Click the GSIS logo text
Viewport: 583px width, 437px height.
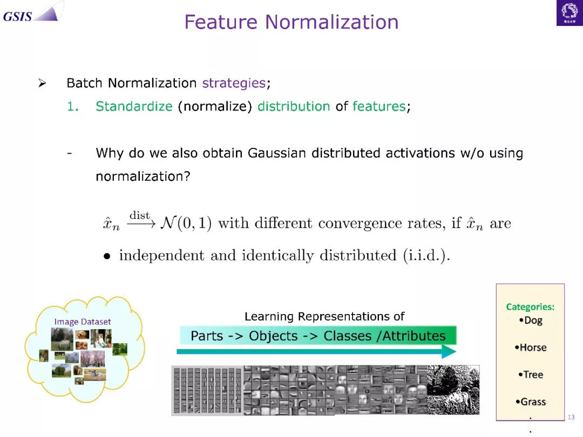pyautogui.click(x=17, y=17)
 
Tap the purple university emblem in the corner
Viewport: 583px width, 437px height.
pyautogui.click(x=570, y=13)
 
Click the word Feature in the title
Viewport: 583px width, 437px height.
pyautogui.click(x=221, y=22)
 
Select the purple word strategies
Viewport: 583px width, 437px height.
pyautogui.click(x=234, y=83)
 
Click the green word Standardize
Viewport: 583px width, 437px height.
pyautogui.click(x=134, y=106)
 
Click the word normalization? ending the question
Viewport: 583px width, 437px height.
pyautogui.click(x=143, y=176)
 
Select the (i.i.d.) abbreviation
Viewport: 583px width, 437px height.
pyautogui.click(x=426, y=256)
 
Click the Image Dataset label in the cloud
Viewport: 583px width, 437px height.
pyautogui.click(x=83, y=322)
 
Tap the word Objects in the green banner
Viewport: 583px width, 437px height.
pyautogui.click(x=273, y=336)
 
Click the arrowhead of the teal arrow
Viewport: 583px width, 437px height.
pyautogui.click(x=449, y=352)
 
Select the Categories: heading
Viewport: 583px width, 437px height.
pyautogui.click(x=530, y=307)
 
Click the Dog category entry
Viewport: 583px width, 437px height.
pyautogui.click(x=531, y=320)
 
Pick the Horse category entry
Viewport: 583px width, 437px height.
pyautogui.click(x=531, y=347)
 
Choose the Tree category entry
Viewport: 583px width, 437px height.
pyautogui.click(x=531, y=374)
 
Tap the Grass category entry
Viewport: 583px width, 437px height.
pyautogui.click(x=531, y=402)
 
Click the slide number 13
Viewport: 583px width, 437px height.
pyautogui.click(x=571, y=417)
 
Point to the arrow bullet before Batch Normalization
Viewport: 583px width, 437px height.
pyautogui.click(x=42, y=83)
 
